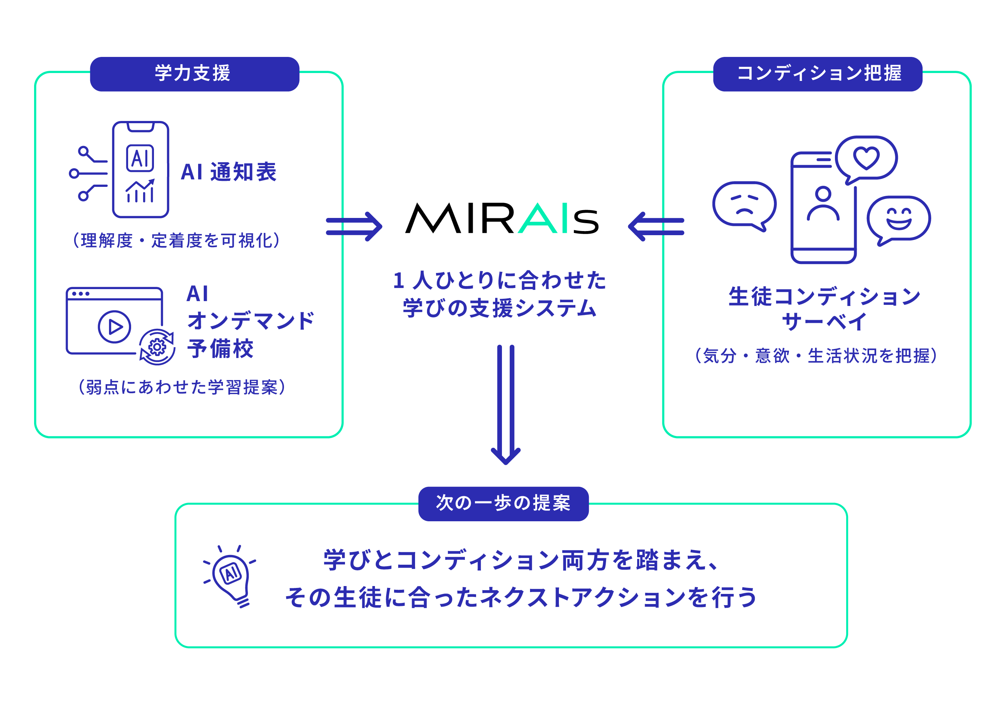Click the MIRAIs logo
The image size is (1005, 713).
[502, 218]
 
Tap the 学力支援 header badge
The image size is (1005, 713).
[194, 74]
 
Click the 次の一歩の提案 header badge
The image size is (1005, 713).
[503, 504]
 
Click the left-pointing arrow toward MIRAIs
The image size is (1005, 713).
[656, 226]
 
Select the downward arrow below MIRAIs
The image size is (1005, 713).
[505, 404]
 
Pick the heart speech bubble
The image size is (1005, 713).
[865, 158]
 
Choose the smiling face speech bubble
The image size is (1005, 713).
[898, 219]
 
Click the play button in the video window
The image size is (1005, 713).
[114, 327]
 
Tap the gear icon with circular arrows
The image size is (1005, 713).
[157, 347]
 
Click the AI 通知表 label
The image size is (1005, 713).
[228, 172]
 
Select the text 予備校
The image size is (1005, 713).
[220, 349]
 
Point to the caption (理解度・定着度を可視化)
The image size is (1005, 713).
[176, 240]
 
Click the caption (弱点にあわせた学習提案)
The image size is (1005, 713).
[182, 387]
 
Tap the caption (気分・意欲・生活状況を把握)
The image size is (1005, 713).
[816, 356]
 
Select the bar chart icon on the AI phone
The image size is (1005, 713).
[140, 191]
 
